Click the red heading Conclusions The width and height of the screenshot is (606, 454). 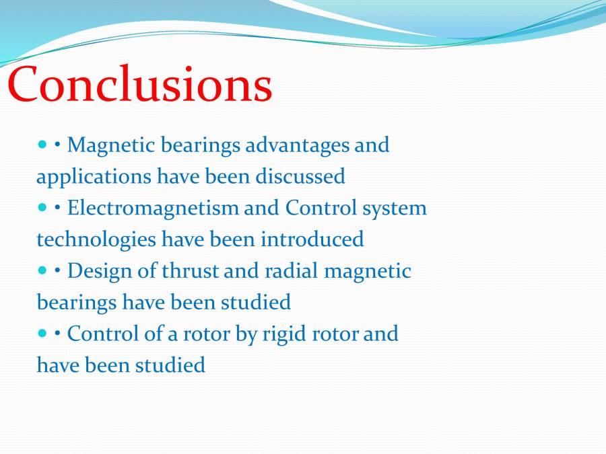pos(140,85)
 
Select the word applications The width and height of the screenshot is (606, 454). pos(94,177)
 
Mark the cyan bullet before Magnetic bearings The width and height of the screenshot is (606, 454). pos(42,145)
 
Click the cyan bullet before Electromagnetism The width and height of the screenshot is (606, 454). pos(42,208)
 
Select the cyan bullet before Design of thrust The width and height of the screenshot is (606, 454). pos(42,270)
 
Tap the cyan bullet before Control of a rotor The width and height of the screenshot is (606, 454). pos(42,333)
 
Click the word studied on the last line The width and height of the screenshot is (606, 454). pos(170,365)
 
